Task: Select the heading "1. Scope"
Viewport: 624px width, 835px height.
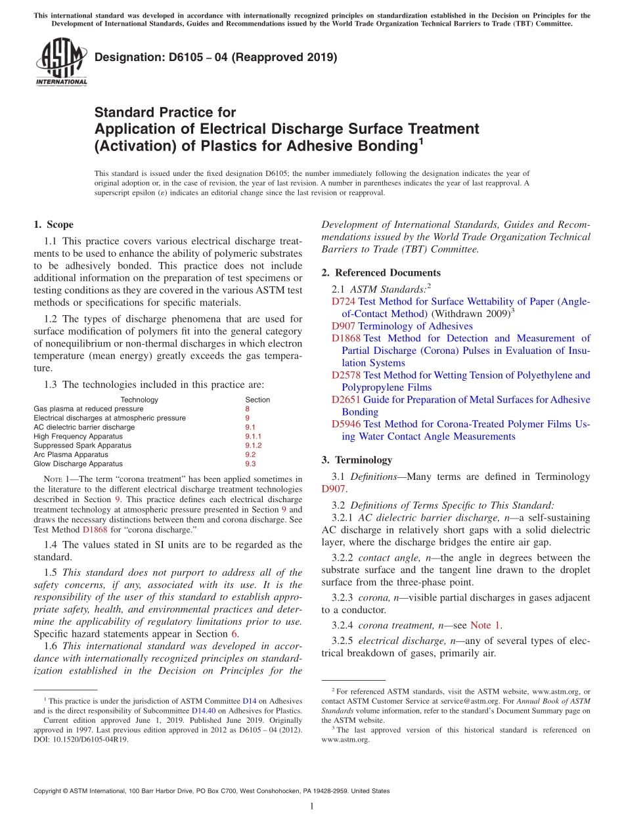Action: point(53,225)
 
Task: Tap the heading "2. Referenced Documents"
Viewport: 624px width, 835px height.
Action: point(381,272)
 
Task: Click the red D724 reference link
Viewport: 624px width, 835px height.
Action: point(343,301)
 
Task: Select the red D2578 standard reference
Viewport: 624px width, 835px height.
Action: point(346,375)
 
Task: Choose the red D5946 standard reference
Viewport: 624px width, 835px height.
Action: point(346,424)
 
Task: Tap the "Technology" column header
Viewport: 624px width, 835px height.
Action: point(139,399)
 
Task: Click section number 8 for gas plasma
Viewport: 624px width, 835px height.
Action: point(247,408)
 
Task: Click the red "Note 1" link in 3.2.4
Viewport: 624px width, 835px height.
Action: point(485,625)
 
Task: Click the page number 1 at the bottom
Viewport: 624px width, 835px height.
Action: point(312,806)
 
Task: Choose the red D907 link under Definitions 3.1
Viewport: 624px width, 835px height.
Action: point(334,488)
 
